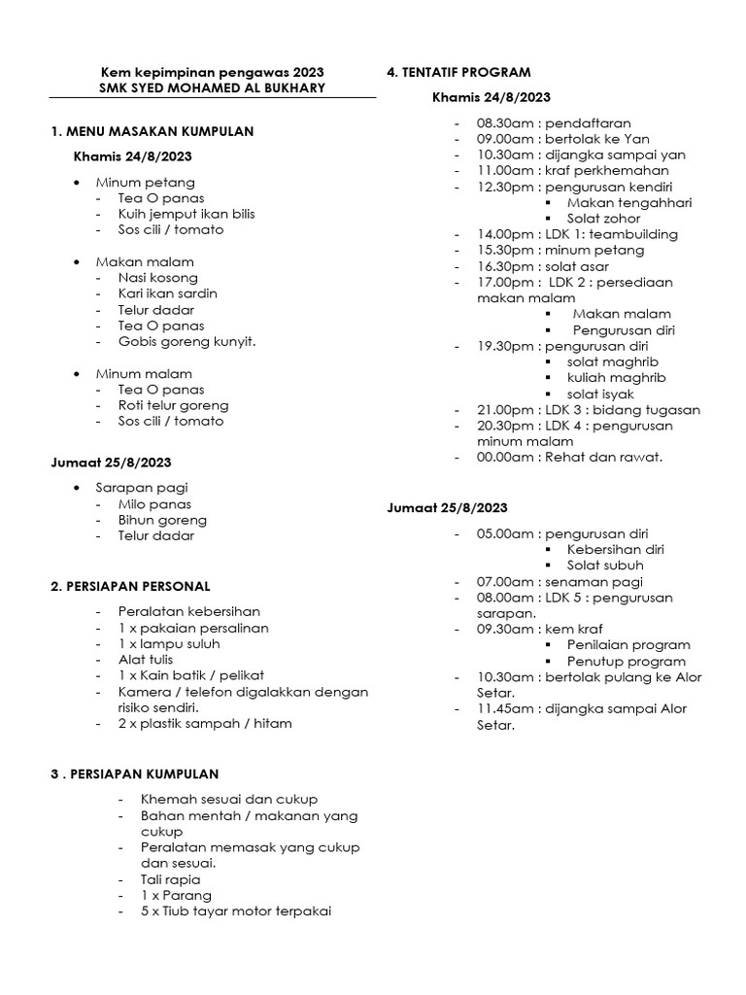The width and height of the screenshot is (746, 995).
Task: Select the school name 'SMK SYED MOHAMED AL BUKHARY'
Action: tap(213, 88)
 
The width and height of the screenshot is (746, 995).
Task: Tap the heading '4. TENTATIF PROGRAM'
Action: tap(458, 72)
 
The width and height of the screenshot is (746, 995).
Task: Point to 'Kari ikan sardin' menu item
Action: tap(167, 293)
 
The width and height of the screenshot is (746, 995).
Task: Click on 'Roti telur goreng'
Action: tap(174, 405)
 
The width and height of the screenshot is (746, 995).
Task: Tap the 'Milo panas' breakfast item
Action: tap(154, 504)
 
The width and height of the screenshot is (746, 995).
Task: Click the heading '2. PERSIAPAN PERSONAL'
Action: tap(130, 586)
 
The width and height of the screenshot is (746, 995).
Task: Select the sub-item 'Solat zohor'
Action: tap(604, 219)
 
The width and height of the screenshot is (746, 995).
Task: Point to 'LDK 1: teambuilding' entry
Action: tap(611, 234)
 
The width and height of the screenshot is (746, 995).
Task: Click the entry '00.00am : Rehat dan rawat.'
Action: tap(568, 457)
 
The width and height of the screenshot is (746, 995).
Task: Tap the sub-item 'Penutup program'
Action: tap(628, 661)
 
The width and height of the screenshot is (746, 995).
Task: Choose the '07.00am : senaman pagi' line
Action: tap(559, 581)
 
